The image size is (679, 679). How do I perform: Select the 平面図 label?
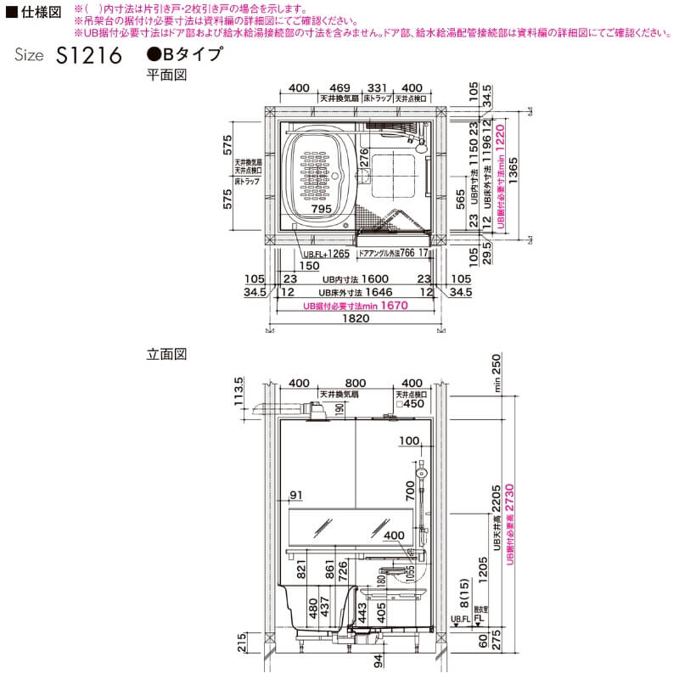click(x=166, y=76)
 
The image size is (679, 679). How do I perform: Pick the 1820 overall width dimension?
click(x=356, y=319)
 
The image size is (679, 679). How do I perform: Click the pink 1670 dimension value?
click(x=394, y=306)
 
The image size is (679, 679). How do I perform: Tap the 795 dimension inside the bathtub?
click(x=322, y=208)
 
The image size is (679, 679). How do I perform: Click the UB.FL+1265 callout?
click(x=326, y=253)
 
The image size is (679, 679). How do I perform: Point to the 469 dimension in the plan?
click(x=339, y=88)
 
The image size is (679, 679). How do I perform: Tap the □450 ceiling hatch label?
click(x=411, y=404)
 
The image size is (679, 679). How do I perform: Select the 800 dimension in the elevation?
click(x=356, y=383)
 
